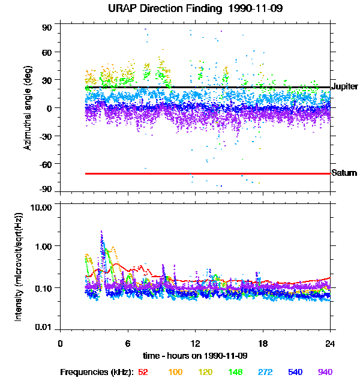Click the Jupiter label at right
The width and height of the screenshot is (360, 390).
click(x=344, y=87)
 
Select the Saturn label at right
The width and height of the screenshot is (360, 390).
click(x=343, y=173)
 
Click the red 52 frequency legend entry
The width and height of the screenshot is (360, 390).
click(x=143, y=372)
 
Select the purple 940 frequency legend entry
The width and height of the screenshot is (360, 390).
click(x=325, y=372)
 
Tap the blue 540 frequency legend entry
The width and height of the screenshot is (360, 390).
click(x=295, y=372)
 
